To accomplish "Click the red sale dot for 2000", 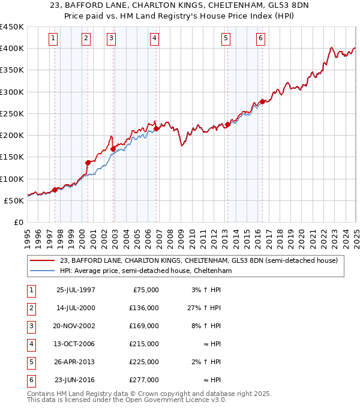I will [x=88, y=163].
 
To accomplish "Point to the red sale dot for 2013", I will [x=228, y=124].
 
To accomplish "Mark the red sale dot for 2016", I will [x=262, y=101].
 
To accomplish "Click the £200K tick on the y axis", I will [x=12, y=136].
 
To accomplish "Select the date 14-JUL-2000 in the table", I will [x=76, y=308].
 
